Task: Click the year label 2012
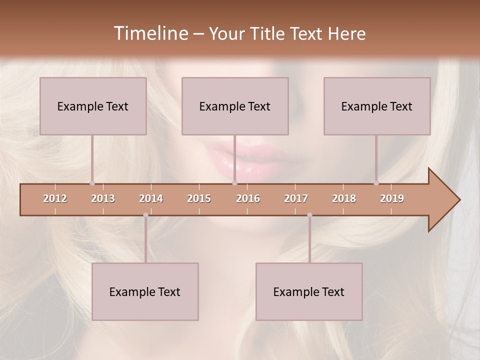tap(55, 198)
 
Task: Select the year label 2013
tap(103, 198)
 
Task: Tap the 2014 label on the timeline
tap(151, 198)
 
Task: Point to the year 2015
tap(199, 198)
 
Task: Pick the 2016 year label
tap(248, 198)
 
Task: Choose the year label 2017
tap(296, 198)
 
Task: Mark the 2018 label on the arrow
tap(344, 198)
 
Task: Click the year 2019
tap(392, 198)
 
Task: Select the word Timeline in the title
tap(150, 33)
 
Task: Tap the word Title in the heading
tap(268, 33)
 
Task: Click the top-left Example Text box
tap(93, 106)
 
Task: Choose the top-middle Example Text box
tap(235, 106)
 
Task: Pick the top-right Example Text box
tap(377, 106)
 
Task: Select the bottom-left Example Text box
tap(145, 291)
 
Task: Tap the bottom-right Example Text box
tap(309, 291)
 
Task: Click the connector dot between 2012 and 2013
tap(92, 183)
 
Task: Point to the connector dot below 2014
tap(145, 215)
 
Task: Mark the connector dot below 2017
tap(309, 215)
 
